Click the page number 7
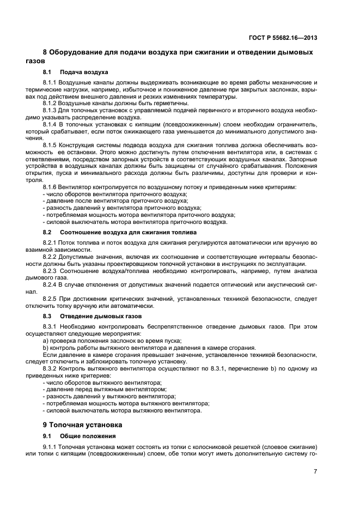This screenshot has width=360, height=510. (x=315, y=471)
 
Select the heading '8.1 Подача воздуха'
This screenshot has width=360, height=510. (x=75, y=72)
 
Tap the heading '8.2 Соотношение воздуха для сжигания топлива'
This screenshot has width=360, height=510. (x=115, y=232)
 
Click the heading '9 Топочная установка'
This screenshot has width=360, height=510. (x=82, y=424)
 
